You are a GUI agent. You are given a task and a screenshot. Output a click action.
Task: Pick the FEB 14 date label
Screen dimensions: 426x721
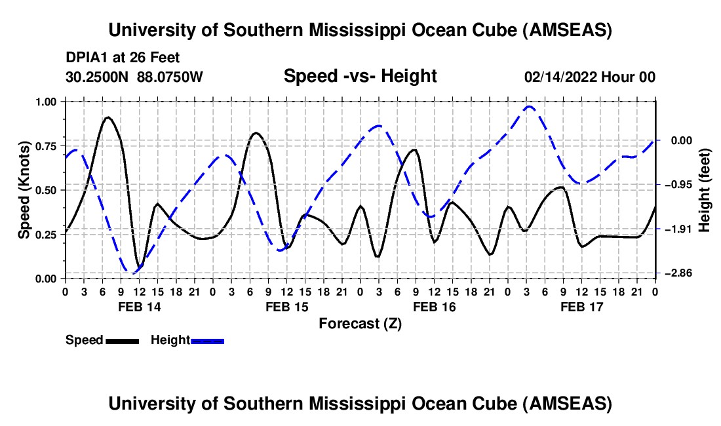138,307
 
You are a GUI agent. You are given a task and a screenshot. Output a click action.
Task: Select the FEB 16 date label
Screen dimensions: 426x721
434,307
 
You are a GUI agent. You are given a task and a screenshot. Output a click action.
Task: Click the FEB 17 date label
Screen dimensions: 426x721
582,307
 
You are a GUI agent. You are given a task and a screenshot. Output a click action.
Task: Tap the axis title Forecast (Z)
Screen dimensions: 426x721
360,323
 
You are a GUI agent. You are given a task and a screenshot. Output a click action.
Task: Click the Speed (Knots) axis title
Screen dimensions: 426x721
25,190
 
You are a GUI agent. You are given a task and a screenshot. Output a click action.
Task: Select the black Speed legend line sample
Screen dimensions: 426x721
121,340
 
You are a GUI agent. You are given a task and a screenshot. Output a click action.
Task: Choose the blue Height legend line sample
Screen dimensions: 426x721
207,340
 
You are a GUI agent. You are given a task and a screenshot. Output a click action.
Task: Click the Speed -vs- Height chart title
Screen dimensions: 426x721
360,77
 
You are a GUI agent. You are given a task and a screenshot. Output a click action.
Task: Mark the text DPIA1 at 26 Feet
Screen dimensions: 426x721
123,58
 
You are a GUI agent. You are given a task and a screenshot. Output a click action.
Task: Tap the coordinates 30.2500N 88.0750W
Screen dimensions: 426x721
134,77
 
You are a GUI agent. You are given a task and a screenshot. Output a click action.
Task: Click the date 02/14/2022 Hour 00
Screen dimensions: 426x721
590,77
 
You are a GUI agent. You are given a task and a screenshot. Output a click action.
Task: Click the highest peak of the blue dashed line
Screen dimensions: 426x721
529,106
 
